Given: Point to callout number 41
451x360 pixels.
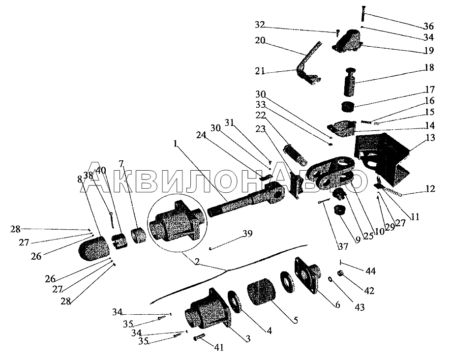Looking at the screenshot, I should click(218, 348).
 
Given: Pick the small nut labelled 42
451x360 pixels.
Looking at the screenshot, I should click(339, 273).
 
